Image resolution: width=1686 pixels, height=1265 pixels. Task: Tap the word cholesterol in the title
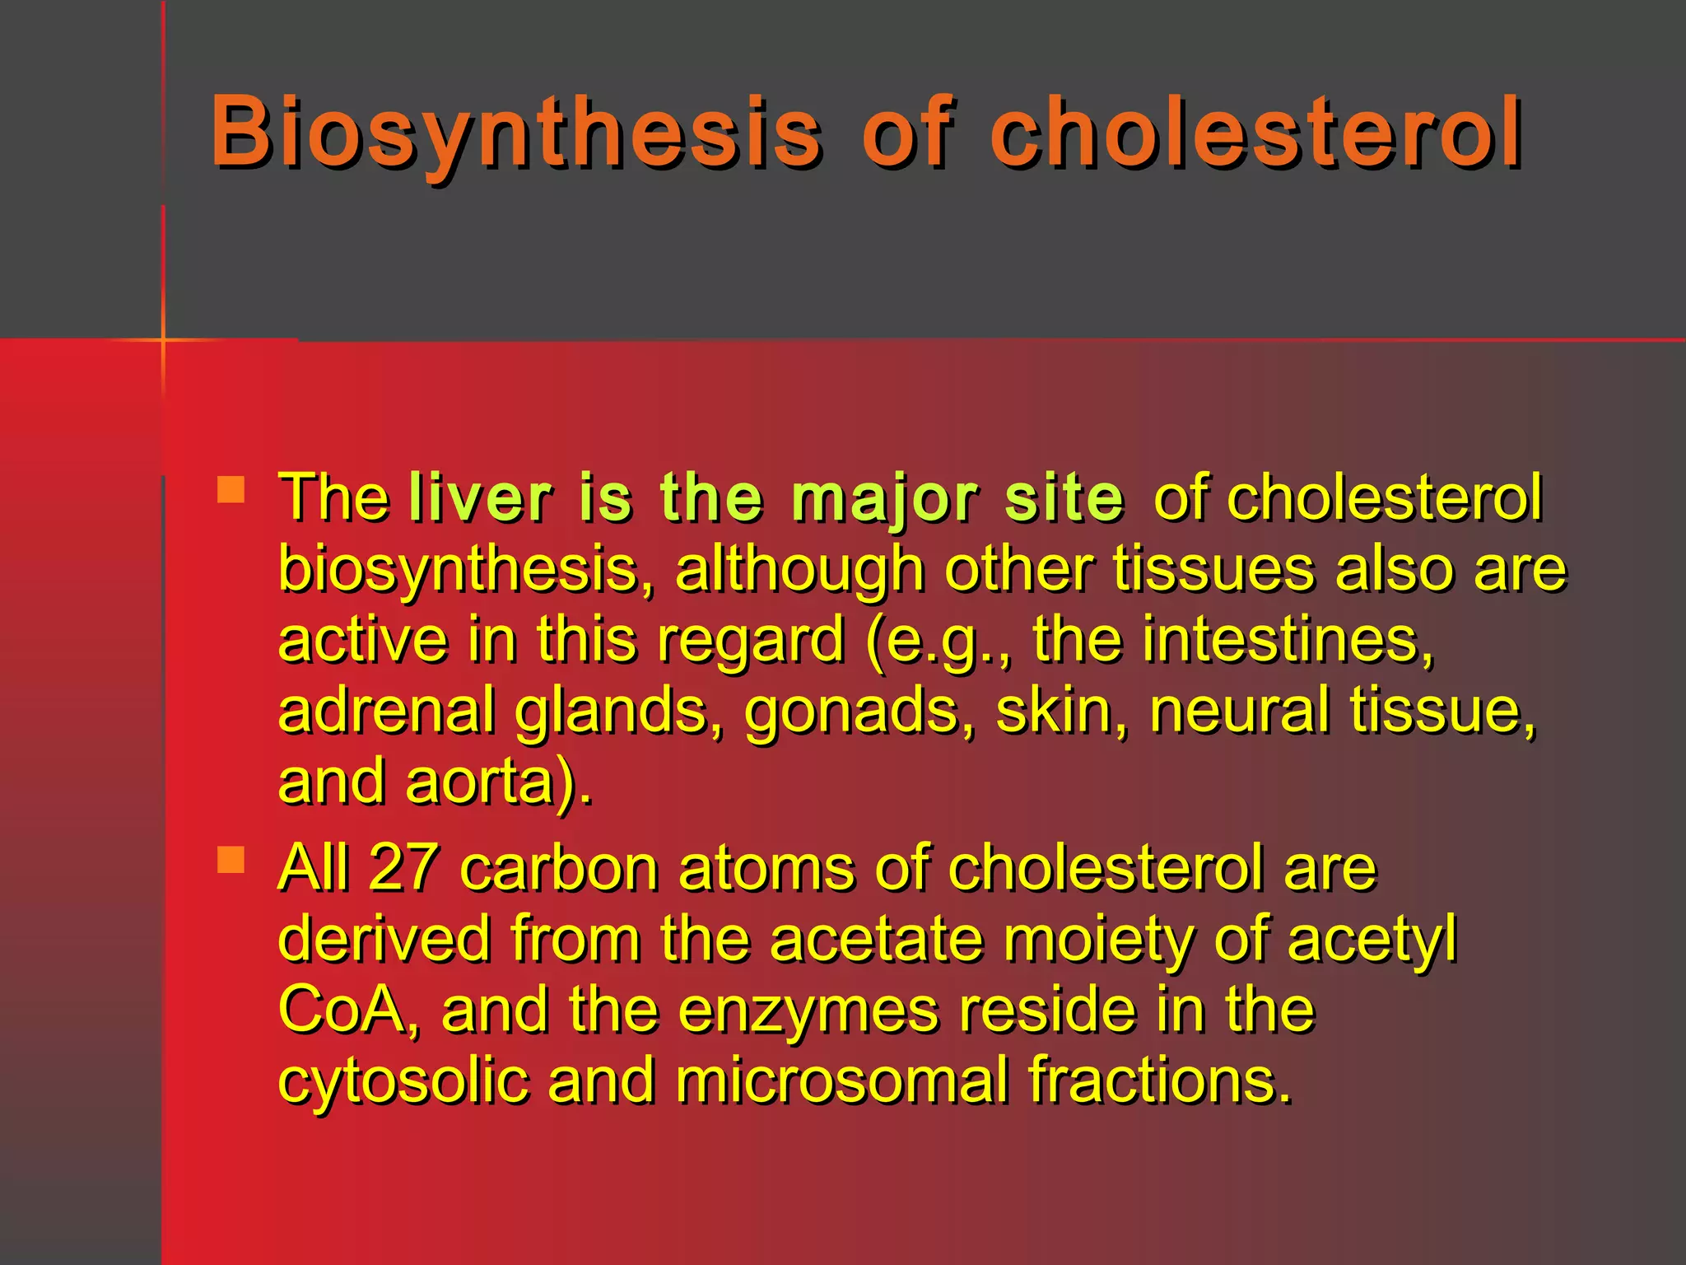pyautogui.click(x=1256, y=132)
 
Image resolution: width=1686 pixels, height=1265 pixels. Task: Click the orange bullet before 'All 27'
pyautogui.click(x=231, y=860)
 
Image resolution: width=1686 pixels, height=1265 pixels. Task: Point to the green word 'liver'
pyautogui.click(x=479, y=497)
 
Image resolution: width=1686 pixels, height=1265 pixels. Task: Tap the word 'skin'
pyautogui.click(x=1053, y=710)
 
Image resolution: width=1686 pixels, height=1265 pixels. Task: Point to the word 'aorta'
pyautogui.click(x=481, y=782)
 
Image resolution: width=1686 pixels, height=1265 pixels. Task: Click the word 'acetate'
pyautogui.click(x=877, y=939)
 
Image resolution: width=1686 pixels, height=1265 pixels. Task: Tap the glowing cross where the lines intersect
pyautogui.click(x=163, y=339)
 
